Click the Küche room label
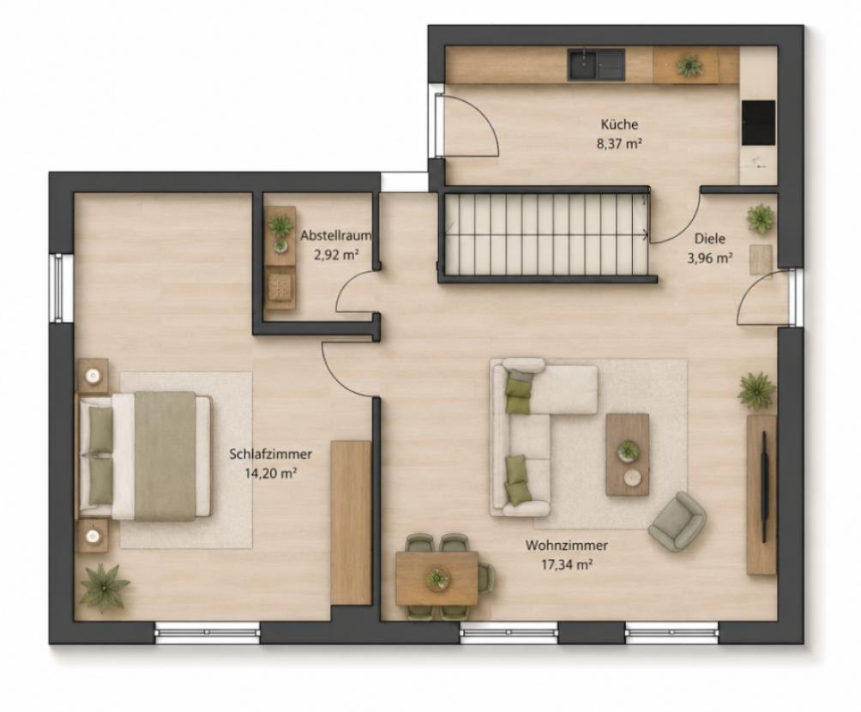619,124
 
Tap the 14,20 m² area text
271,474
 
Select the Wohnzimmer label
566,546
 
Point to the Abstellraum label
336,236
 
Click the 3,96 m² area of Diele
710,257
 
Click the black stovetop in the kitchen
758,123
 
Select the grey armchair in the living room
677,521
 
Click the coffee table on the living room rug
627,455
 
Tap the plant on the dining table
437,578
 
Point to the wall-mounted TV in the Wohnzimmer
764,475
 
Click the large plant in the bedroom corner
105,587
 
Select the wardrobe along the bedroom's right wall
352,523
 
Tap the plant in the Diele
761,218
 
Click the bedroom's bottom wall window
208,632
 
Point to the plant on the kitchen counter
689,66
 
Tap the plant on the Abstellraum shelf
280,224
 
